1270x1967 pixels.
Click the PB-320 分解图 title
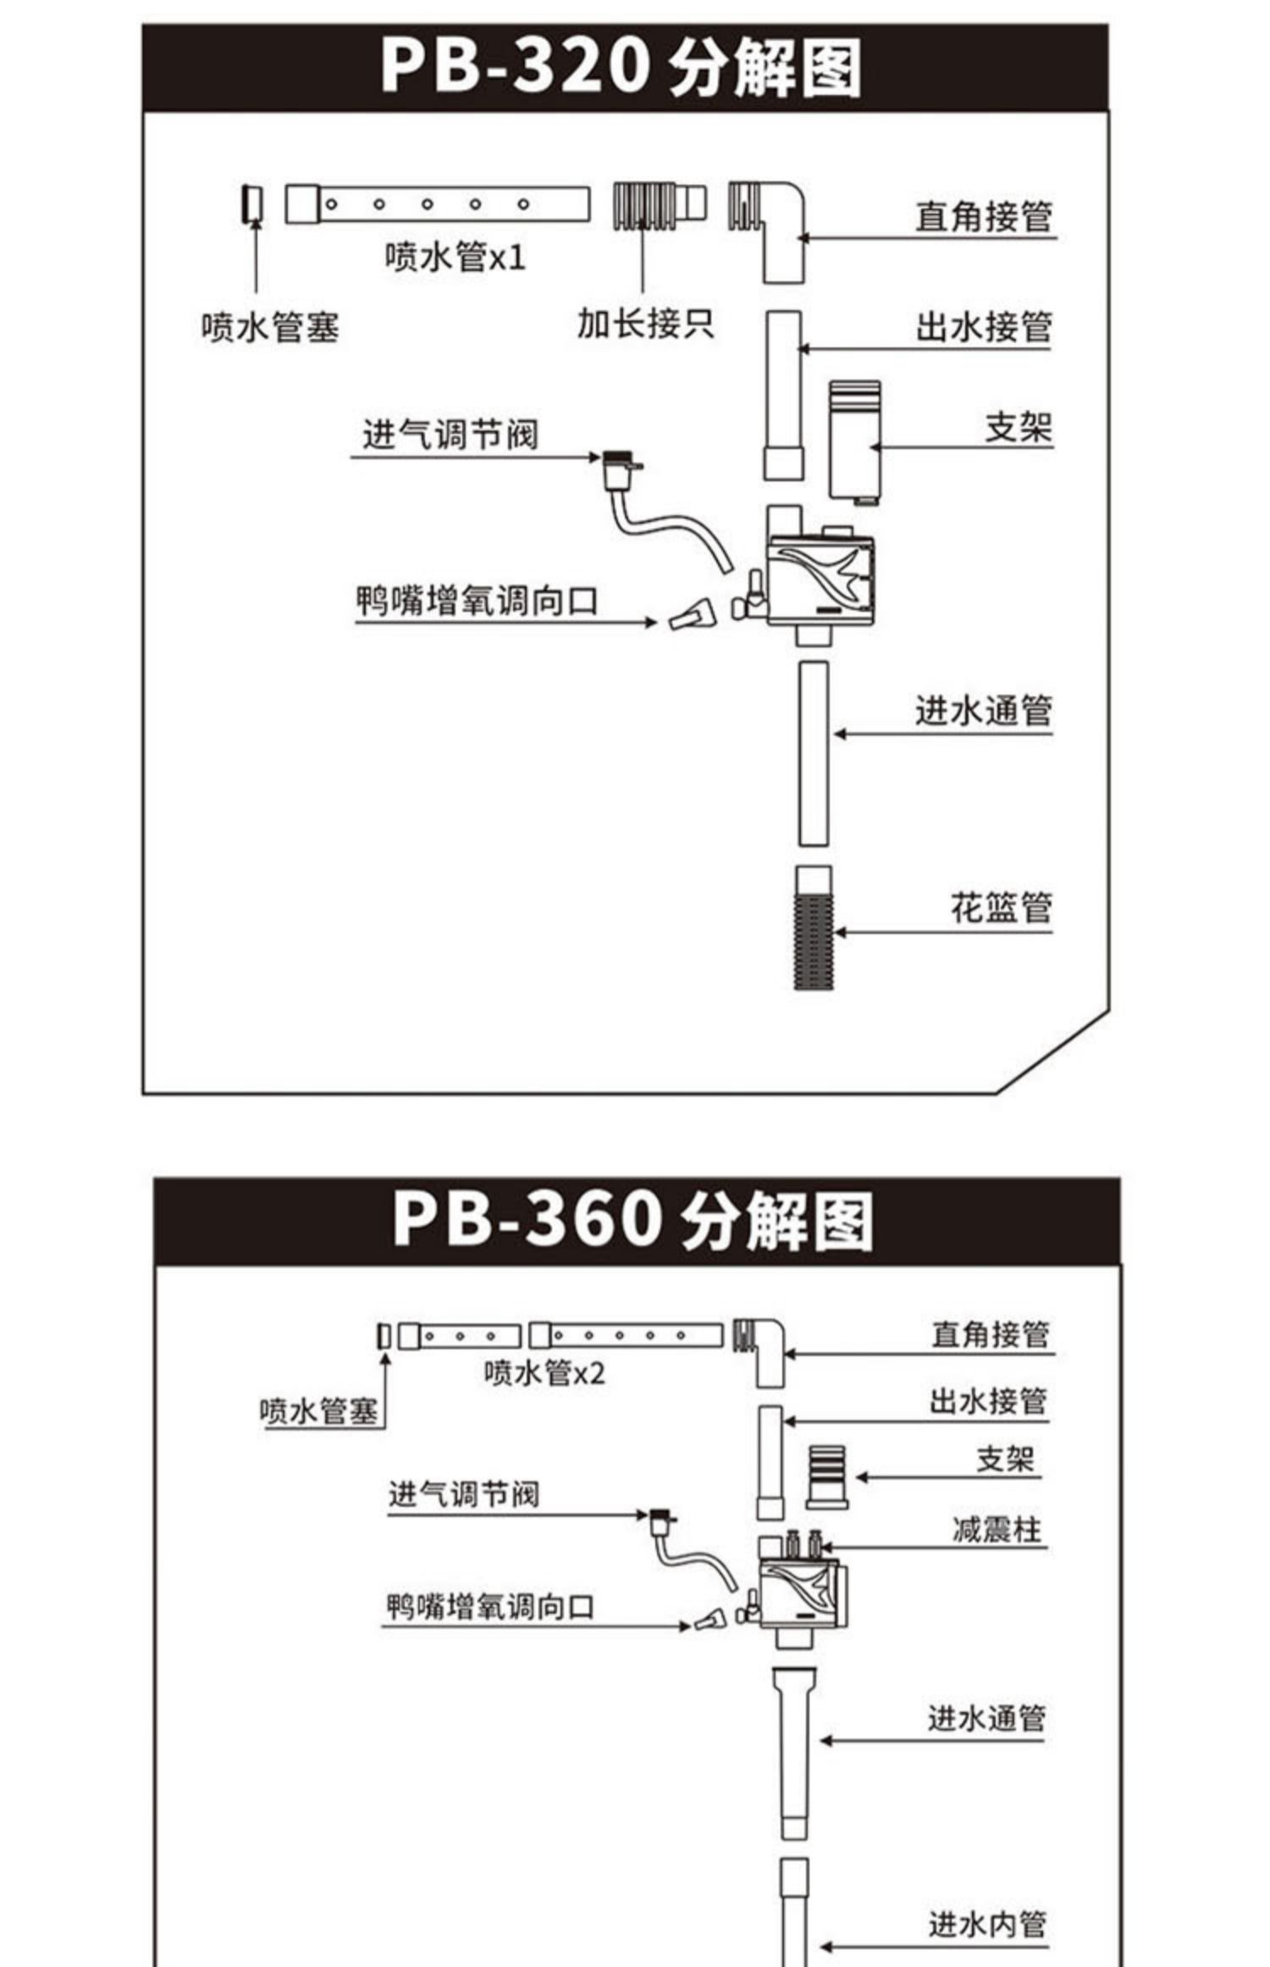621,67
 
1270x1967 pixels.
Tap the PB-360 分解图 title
633,1221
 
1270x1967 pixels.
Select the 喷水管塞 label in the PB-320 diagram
270,328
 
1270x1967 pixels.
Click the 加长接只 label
645,324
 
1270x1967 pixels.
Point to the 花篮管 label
1001,908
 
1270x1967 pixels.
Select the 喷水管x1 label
456,257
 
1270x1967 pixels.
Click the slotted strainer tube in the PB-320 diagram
814,928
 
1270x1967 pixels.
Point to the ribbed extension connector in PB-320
658,206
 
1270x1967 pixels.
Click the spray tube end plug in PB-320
251,204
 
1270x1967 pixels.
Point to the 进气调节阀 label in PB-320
450,435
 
